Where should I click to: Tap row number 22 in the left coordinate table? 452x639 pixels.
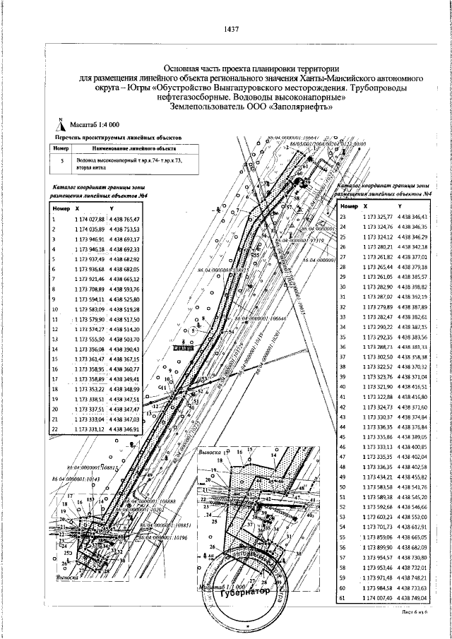coord(55,428)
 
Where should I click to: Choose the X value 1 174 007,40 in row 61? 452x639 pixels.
coord(376,598)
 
